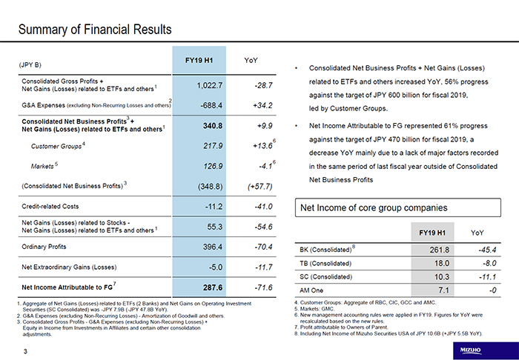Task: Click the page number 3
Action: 24,350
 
